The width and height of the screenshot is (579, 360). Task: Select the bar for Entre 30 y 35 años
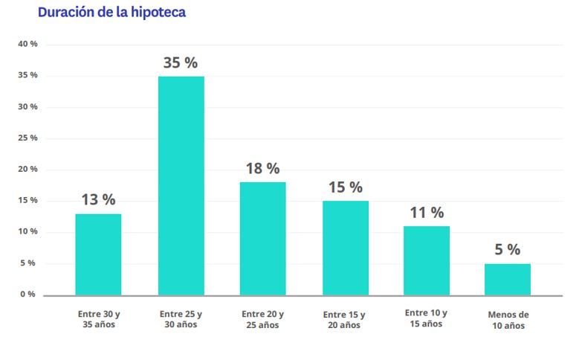(98, 254)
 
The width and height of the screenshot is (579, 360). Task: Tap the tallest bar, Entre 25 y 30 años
(181, 186)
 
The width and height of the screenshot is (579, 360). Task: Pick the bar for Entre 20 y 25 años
(262, 239)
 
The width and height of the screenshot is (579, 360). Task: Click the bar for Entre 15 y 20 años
(345, 248)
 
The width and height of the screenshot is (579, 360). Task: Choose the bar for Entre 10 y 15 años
(427, 260)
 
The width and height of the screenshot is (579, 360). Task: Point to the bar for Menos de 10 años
(508, 279)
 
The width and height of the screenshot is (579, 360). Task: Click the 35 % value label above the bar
(181, 63)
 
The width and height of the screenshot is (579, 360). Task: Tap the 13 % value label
(98, 200)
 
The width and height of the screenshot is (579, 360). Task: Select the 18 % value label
(262, 169)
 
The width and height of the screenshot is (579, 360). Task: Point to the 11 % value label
(427, 213)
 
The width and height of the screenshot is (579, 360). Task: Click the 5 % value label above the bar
(508, 250)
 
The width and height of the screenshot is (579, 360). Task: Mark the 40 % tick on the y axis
(28, 45)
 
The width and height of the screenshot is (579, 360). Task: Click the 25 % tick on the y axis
(28, 138)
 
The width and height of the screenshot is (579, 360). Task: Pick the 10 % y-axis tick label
(28, 232)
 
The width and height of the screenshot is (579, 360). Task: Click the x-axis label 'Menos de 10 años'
(508, 320)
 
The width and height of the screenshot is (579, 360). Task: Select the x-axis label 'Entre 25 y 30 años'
(181, 320)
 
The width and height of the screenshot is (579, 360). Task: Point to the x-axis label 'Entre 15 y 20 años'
(345, 320)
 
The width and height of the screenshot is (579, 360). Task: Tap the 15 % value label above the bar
(345, 187)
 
